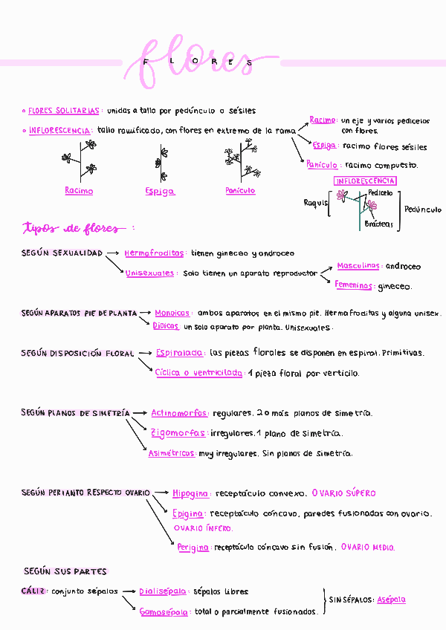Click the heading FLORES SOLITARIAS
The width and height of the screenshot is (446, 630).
point(63,111)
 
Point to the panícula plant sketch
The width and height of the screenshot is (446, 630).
point(242,162)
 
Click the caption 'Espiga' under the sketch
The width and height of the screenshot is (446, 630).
point(160,192)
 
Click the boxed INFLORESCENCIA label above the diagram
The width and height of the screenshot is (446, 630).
point(365,181)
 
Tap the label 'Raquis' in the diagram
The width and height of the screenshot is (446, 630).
point(315,203)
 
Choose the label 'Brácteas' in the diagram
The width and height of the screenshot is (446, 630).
point(379,224)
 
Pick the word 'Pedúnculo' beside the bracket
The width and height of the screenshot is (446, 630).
point(423,210)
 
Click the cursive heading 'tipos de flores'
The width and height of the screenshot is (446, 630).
point(78,227)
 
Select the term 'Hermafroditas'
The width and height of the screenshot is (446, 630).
point(153,253)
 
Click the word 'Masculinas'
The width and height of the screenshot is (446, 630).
point(358,266)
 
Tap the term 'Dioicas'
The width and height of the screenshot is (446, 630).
point(166,326)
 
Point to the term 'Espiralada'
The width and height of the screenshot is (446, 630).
point(179,354)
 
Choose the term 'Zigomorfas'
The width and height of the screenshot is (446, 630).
point(178,433)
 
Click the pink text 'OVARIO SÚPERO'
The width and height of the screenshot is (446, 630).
point(343,493)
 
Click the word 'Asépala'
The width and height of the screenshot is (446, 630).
point(391,600)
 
